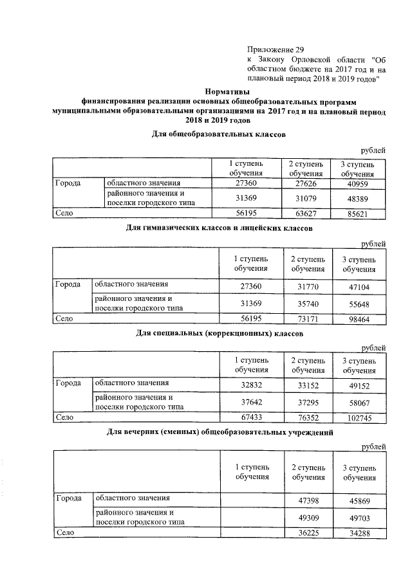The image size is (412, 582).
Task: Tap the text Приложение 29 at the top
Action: point(275,49)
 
